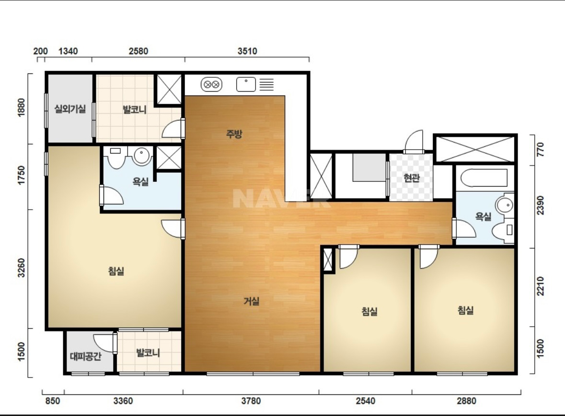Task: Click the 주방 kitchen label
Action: (234, 134)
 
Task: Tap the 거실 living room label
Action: (252, 301)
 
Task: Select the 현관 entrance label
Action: (412, 178)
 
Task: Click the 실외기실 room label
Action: (70, 109)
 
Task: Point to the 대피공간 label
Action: (86, 357)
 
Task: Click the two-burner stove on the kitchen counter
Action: (211, 85)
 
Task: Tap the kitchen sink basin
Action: (246, 84)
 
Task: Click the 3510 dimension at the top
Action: (247, 51)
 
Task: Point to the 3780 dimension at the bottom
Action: (251, 401)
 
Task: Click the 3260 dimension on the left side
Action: (21, 268)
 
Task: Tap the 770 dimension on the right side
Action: (541, 150)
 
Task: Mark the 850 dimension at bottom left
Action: (53, 401)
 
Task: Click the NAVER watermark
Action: (281, 199)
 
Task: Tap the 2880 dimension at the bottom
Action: (466, 401)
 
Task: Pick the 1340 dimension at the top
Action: (68, 51)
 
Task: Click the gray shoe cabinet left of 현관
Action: (369, 167)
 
